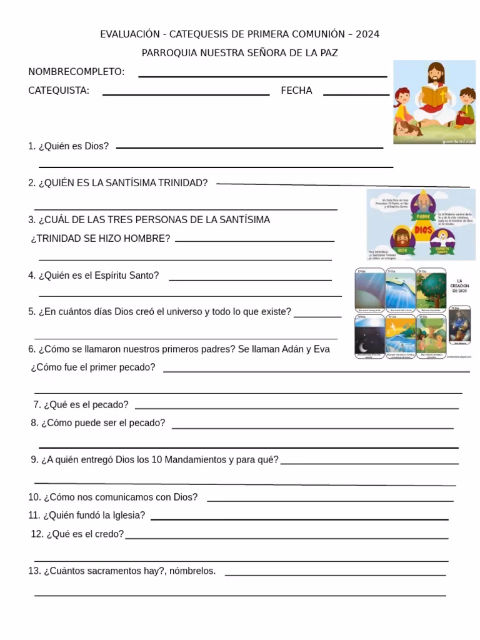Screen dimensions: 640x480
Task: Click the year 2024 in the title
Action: point(367,34)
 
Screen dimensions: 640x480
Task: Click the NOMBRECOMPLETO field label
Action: point(76,72)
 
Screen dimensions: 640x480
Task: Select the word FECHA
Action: point(296,91)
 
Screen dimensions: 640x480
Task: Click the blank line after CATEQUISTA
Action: point(186,94)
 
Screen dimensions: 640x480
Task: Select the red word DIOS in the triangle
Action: point(423,230)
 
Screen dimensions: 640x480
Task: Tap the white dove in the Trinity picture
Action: point(442,238)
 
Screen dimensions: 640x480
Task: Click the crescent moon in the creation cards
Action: point(363,347)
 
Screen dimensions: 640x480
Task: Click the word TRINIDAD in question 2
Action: point(182,183)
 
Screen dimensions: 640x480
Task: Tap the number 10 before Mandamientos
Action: point(157,460)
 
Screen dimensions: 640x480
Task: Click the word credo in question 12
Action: point(111,534)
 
